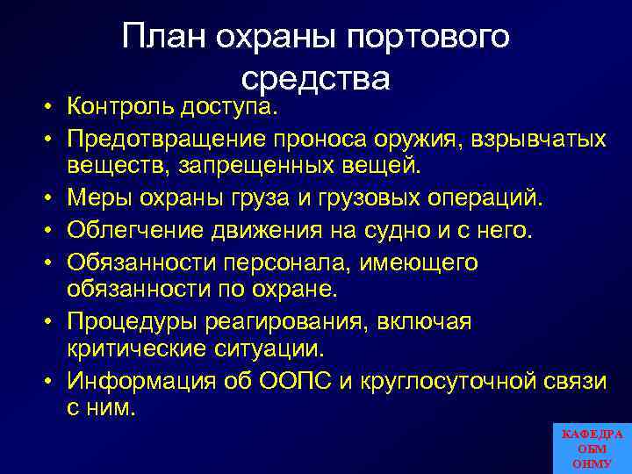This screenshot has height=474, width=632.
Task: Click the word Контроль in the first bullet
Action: click(x=123, y=108)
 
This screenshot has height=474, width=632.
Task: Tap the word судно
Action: click(x=421, y=231)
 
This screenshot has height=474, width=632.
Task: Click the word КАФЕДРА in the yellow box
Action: click(x=592, y=434)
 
